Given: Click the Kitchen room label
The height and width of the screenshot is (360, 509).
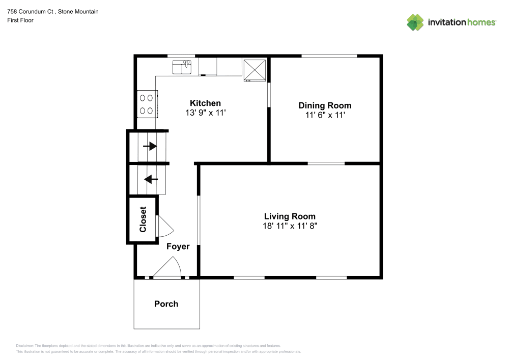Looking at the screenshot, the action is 205,103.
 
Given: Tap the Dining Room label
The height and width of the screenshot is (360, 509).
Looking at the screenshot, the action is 325,105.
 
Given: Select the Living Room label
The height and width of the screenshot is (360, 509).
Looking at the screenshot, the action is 290,216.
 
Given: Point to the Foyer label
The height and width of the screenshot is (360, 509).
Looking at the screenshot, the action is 178,246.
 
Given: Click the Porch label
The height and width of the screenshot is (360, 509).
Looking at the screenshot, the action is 166,304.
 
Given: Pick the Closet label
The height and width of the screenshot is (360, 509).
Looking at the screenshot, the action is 143,219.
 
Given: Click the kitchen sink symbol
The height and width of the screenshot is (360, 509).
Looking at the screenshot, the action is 182,67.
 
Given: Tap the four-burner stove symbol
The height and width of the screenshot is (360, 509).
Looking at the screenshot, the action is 147,104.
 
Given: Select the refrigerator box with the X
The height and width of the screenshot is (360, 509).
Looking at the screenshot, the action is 255,70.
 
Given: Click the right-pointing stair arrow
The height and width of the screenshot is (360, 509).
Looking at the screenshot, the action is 150,146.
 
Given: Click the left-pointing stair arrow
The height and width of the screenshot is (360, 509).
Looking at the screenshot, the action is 151,179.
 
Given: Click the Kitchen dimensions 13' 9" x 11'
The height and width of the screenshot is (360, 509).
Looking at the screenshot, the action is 206,113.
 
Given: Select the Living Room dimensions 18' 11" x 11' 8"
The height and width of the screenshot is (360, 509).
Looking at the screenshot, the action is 290,226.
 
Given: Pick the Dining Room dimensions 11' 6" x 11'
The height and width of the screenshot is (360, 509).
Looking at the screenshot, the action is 325,115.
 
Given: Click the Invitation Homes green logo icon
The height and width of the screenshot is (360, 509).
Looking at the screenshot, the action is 415,22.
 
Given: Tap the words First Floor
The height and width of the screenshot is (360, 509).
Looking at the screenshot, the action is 20,20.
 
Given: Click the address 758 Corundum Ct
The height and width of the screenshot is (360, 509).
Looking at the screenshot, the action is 30,12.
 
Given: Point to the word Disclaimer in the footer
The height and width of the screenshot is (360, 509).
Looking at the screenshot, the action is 24,346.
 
